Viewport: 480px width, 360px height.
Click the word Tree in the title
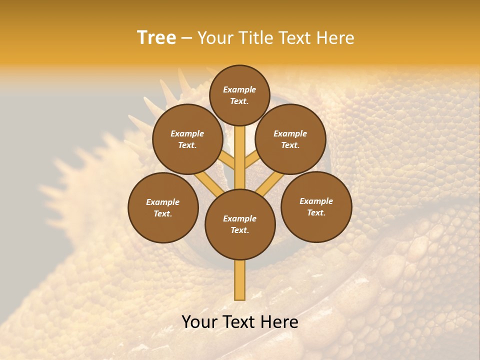(x=156, y=38)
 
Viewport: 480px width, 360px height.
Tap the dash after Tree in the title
(x=186, y=38)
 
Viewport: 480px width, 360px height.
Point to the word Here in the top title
(x=335, y=38)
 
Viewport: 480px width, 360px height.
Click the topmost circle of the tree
(x=239, y=95)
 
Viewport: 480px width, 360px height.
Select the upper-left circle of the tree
(x=187, y=139)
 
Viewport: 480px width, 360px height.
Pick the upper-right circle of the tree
(x=290, y=139)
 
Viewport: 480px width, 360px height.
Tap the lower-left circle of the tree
(x=163, y=207)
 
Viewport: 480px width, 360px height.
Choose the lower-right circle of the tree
(x=316, y=206)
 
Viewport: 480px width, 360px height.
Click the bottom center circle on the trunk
(x=240, y=224)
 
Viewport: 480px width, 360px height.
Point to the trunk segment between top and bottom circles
(x=240, y=157)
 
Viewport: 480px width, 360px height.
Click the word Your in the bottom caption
(x=199, y=322)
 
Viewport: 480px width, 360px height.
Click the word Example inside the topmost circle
(x=239, y=89)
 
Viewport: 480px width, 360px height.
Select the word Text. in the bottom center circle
(x=239, y=230)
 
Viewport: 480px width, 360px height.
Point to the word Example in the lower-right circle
(x=316, y=201)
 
